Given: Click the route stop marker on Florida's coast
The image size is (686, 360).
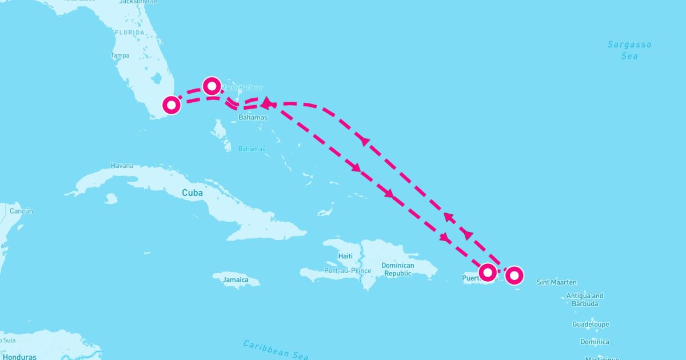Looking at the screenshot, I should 171,105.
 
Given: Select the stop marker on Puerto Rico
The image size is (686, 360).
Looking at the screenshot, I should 487,272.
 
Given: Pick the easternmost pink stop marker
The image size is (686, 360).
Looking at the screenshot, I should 514,275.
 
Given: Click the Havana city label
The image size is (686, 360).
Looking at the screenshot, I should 122,166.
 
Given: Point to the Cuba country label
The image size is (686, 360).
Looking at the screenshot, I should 192,193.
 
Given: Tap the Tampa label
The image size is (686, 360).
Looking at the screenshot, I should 120,55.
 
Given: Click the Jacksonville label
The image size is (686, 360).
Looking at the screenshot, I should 138,2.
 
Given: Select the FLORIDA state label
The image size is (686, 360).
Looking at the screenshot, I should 130,33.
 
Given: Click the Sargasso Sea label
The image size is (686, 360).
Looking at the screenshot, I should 629,50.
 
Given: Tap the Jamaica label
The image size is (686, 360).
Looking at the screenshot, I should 236,280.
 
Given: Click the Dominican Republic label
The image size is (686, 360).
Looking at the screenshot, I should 397,269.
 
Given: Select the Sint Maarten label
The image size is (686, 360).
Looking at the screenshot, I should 557,282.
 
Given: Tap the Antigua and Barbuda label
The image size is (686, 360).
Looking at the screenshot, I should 584,299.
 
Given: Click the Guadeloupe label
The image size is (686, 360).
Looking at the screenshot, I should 591,325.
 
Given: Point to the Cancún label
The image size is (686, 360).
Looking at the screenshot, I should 21,211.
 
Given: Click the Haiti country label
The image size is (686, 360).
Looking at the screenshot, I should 345,256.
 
